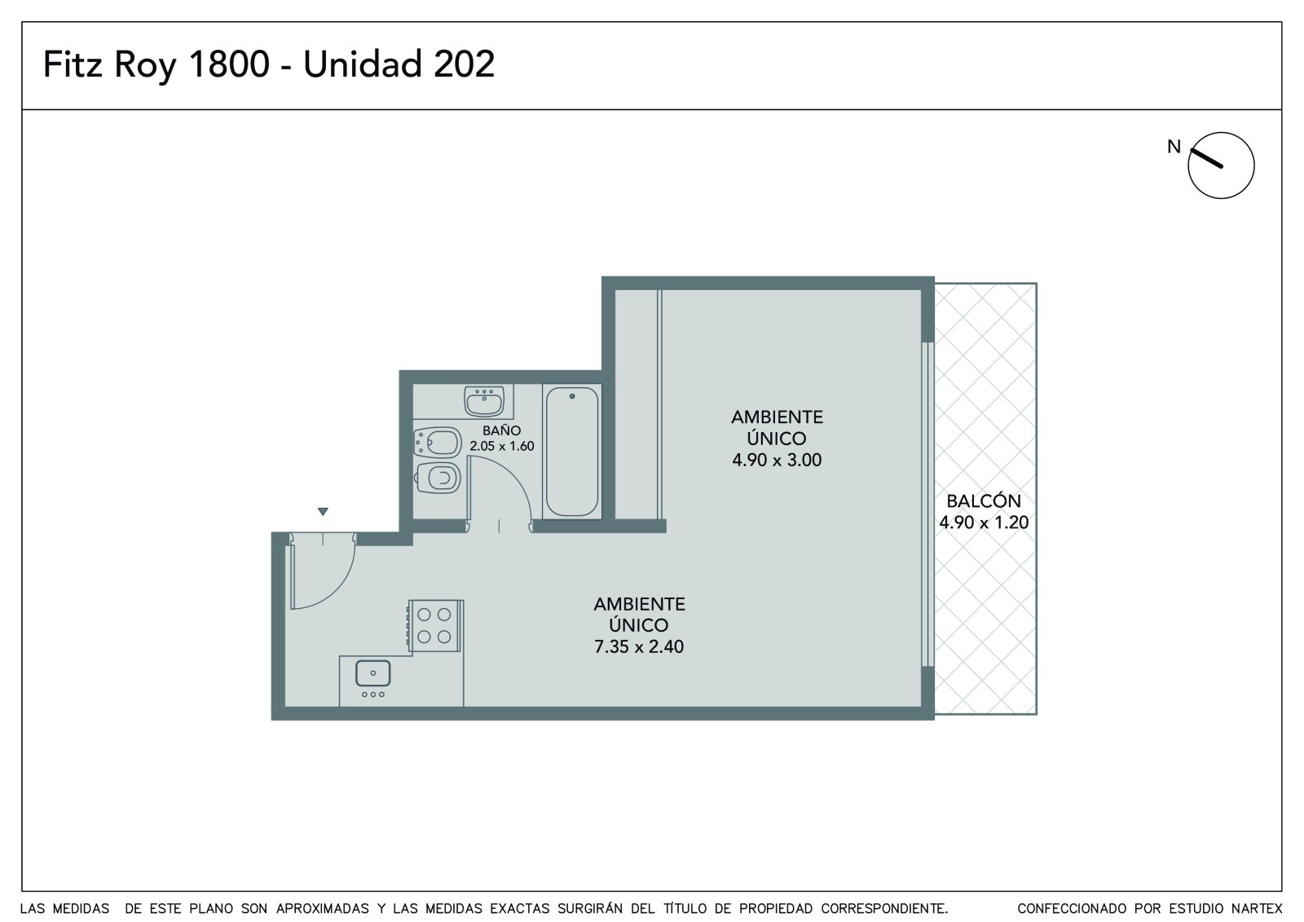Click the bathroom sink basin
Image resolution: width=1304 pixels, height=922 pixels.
click(x=484, y=401)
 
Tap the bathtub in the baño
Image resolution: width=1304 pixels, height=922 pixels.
click(x=571, y=452)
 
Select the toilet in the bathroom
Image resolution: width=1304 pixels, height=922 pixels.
click(x=438, y=479)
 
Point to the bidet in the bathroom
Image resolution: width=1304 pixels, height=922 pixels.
click(x=437, y=443)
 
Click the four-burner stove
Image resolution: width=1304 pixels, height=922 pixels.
click(x=435, y=625)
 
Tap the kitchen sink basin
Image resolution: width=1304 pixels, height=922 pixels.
click(x=372, y=673)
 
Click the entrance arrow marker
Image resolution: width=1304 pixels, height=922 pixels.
click(x=323, y=511)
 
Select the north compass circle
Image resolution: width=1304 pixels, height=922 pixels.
click(x=1221, y=165)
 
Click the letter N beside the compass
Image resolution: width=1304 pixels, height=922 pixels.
click(x=1174, y=147)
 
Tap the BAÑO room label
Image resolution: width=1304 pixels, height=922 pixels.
click(x=501, y=430)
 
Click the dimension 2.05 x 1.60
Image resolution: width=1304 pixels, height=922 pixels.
click(x=502, y=446)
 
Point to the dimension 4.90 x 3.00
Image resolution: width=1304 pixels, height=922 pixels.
click(x=777, y=460)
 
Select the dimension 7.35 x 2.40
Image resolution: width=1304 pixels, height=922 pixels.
click(x=639, y=646)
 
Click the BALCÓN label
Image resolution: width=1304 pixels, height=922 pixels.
click(x=984, y=501)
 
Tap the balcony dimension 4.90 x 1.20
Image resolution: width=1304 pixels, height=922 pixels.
click(x=984, y=523)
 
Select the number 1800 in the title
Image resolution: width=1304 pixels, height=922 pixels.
click(x=229, y=64)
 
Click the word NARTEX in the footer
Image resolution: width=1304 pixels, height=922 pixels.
click(x=1257, y=909)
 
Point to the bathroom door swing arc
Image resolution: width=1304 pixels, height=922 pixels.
click(x=513, y=474)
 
